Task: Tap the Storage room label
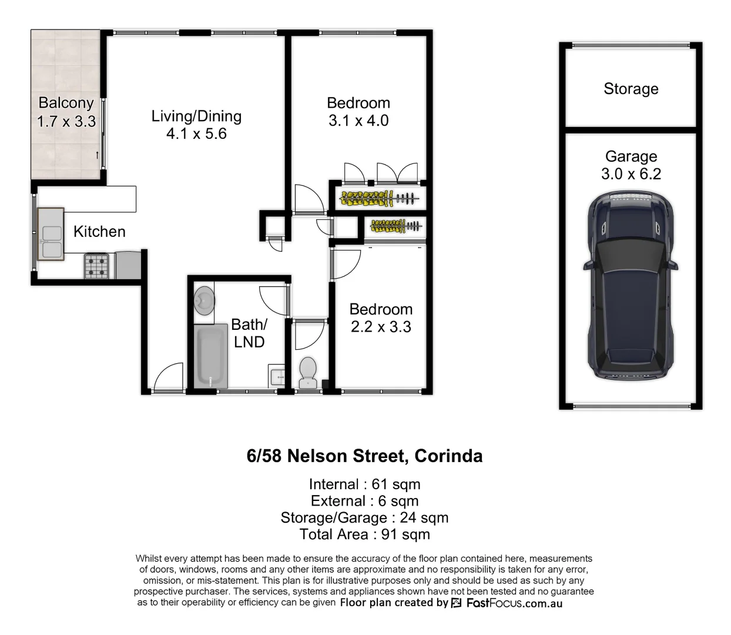(x=631, y=89)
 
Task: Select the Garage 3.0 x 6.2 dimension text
(x=631, y=174)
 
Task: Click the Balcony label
(x=66, y=103)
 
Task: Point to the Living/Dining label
(x=196, y=116)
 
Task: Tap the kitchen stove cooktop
(x=97, y=265)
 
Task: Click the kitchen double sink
(x=51, y=233)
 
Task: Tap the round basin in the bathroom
(x=204, y=300)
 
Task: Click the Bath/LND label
(x=249, y=333)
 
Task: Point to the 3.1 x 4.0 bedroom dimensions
(x=358, y=121)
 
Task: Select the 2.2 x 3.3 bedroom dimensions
(x=381, y=327)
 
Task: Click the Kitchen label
(x=99, y=232)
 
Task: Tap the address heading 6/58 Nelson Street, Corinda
(x=364, y=456)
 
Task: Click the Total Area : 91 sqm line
(x=364, y=534)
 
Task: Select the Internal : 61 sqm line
(x=364, y=484)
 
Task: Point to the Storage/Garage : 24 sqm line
(x=364, y=518)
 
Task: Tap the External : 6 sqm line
(x=364, y=501)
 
